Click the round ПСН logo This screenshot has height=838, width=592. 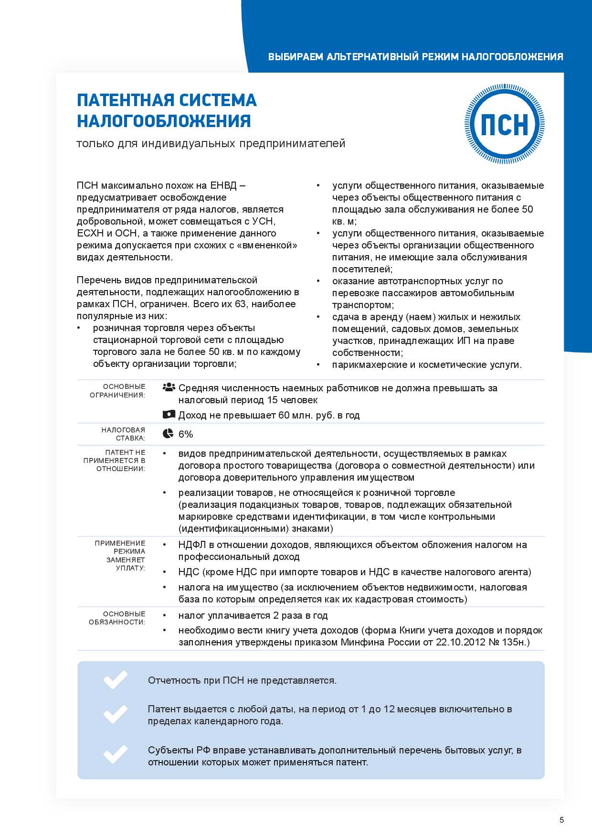tap(505, 124)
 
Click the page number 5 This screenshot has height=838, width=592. tap(561, 820)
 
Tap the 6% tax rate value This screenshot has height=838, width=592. tap(186, 434)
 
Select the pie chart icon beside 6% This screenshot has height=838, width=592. tap(168, 433)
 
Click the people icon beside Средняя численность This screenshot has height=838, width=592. tap(169, 387)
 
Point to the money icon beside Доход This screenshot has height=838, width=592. tap(169, 415)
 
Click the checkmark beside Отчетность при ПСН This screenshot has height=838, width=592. tap(116, 680)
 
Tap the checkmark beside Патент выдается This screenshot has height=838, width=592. tap(116, 714)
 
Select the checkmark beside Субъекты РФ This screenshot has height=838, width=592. tap(116, 755)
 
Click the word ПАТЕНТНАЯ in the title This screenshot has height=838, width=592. tap(121, 100)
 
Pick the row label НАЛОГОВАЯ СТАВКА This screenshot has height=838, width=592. tap(123, 434)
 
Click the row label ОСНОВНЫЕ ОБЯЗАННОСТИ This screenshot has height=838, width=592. tap(117, 618)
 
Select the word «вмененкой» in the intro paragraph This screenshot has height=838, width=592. tap(267, 245)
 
